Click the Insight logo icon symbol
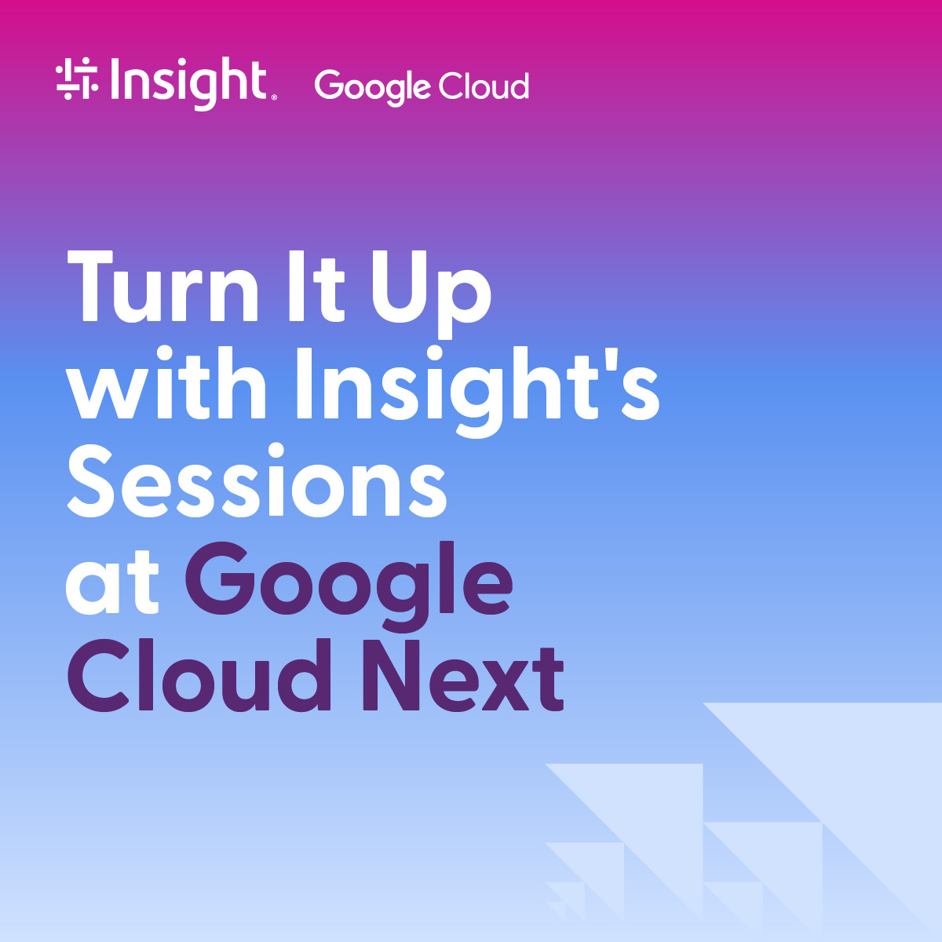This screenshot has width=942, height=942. pyautogui.click(x=77, y=80)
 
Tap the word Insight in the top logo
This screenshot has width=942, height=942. pyautogui.click(x=188, y=82)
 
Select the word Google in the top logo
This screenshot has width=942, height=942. pyautogui.click(x=373, y=86)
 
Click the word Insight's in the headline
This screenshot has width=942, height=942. pyautogui.click(x=476, y=389)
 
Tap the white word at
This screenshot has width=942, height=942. pyautogui.click(x=112, y=585)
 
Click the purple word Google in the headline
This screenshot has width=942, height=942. pyautogui.click(x=349, y=585)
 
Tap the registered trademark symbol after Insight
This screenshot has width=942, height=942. pyautogui.click(x=273, y=98)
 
